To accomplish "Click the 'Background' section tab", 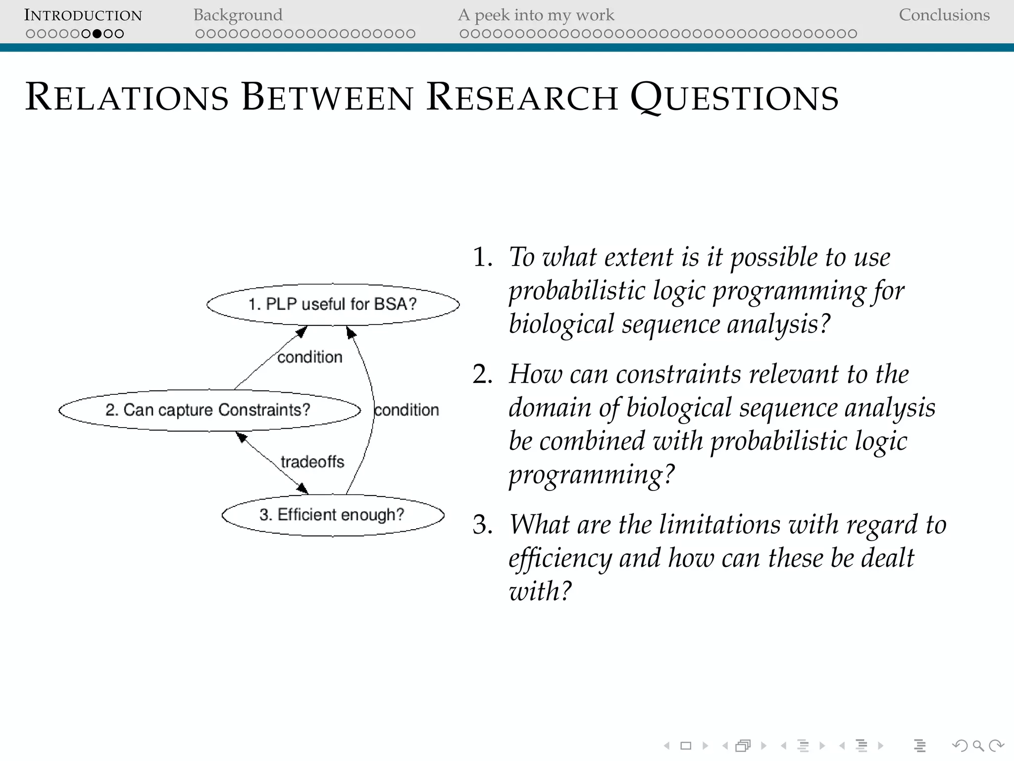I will point(238,15).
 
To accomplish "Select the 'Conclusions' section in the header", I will point(944,15).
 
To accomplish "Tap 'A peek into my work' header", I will point(536,15).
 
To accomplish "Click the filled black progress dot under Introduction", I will point(97,34).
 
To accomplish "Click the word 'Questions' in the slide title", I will point(734,97).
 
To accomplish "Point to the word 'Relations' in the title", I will point(127,97).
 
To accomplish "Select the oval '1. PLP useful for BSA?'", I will point(333,304).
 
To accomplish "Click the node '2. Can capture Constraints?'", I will point(208,410).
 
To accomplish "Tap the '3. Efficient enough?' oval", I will point(332,515).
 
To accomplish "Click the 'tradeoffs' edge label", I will point(312,462).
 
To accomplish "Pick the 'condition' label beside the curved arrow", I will point(406,410).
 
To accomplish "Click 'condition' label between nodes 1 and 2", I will point(309,357).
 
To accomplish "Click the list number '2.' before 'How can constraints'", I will point(483,374).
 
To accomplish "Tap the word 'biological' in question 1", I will point(561,324).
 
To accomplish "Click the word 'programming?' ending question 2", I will point(592,475).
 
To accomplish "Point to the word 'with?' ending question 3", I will point(540,591).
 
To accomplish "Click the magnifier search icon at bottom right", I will point(978,745).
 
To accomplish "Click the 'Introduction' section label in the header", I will point(83,15).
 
